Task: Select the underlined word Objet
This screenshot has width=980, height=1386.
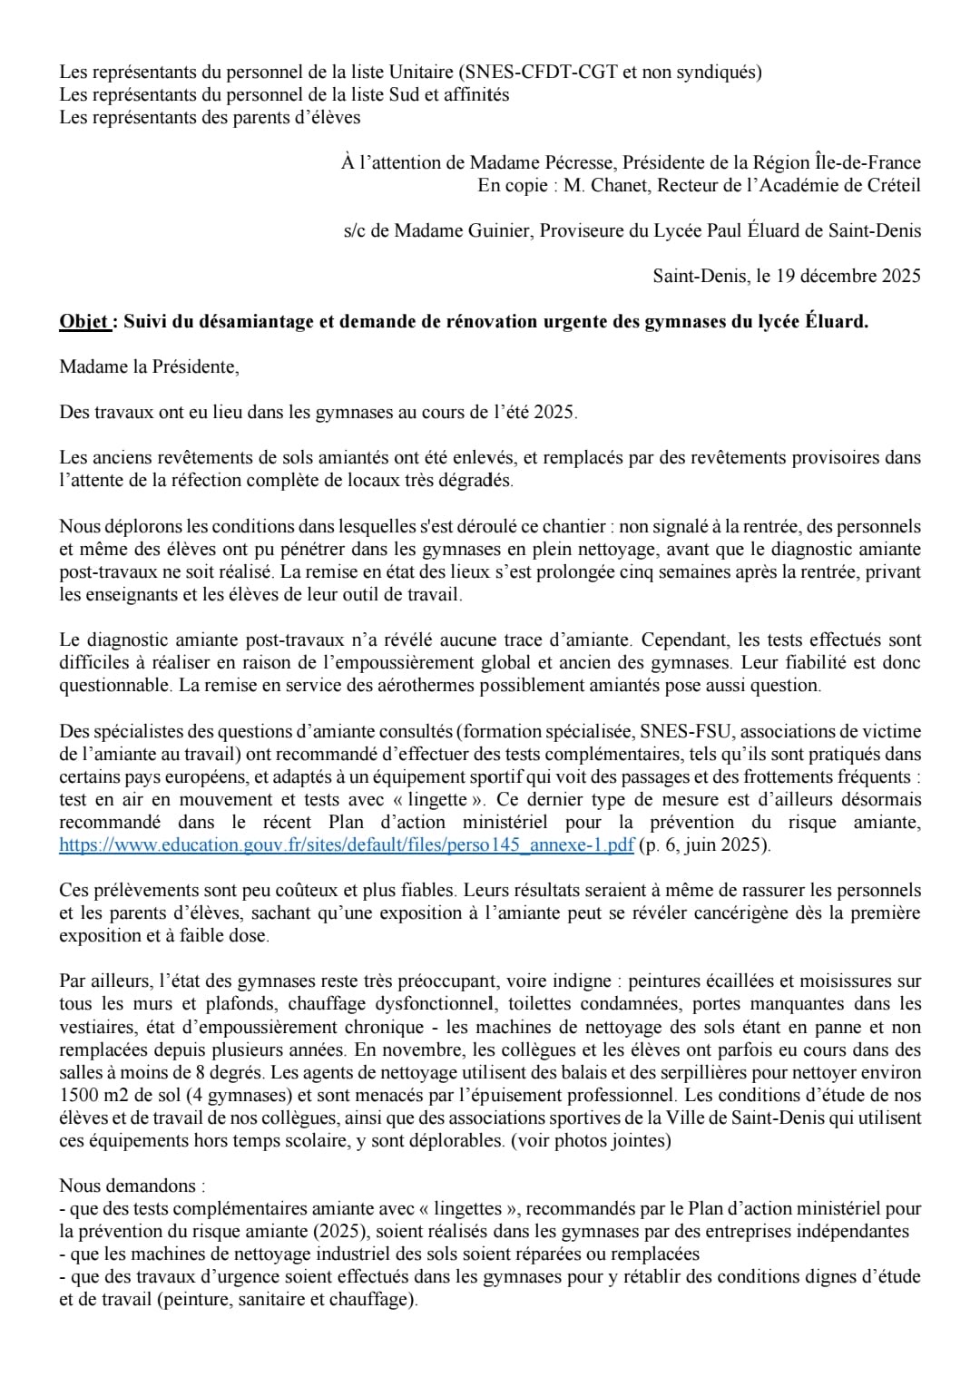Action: tap(84, 321)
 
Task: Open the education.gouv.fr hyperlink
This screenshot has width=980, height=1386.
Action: tap(347, 845)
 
